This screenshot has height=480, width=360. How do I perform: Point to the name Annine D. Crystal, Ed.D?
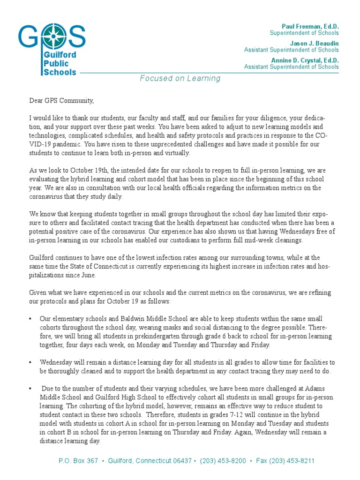(305, 60)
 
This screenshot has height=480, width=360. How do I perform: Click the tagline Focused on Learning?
(180, 78)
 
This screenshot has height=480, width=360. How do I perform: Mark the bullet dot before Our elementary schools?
(30, 319)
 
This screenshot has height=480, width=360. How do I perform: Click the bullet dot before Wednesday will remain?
(30, 362)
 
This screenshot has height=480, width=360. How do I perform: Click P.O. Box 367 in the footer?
(78, 461)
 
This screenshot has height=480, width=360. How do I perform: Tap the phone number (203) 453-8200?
(223, 461)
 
